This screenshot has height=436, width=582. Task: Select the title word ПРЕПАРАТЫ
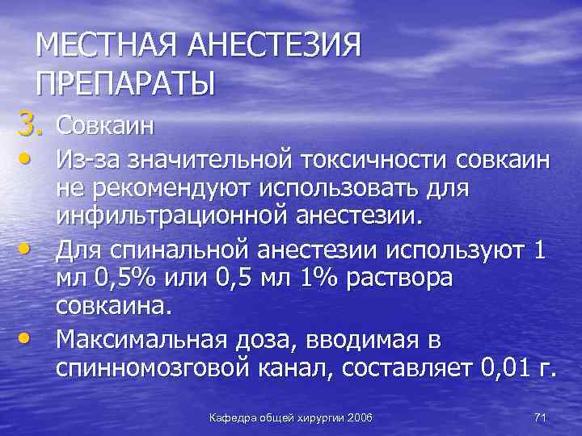coord(126,83)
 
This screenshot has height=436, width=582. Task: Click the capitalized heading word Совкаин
coord(105,127)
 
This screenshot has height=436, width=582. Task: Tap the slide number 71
coord(541,417)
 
